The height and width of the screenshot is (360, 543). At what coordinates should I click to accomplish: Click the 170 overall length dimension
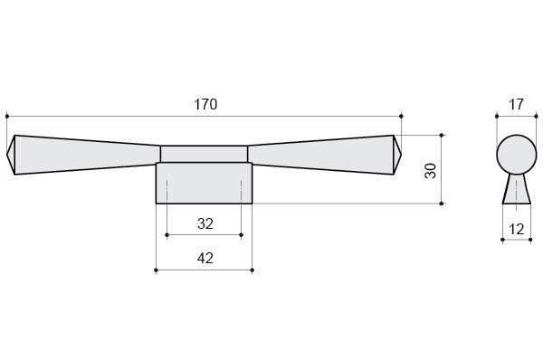[x=205, y=104]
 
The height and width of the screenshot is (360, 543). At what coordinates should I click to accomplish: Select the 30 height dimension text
[x=431, y=171]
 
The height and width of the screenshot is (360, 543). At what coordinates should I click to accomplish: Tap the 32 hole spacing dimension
[x=205, y=223]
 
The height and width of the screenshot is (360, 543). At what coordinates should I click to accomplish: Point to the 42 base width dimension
[x=205, y=258]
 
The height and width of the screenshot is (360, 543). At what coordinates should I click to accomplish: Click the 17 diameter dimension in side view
[x=517, y=104]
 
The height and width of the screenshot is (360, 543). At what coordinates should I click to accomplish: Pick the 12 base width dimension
[x=517, y=229]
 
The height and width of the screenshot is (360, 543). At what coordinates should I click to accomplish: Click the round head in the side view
[x=517, y=155]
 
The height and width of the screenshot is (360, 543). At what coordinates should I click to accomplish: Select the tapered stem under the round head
[x=517, y=189]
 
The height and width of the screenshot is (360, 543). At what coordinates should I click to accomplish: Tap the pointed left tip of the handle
[x=7, y=155]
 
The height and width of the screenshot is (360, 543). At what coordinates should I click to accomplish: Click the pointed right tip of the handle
[x=401, y=155]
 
